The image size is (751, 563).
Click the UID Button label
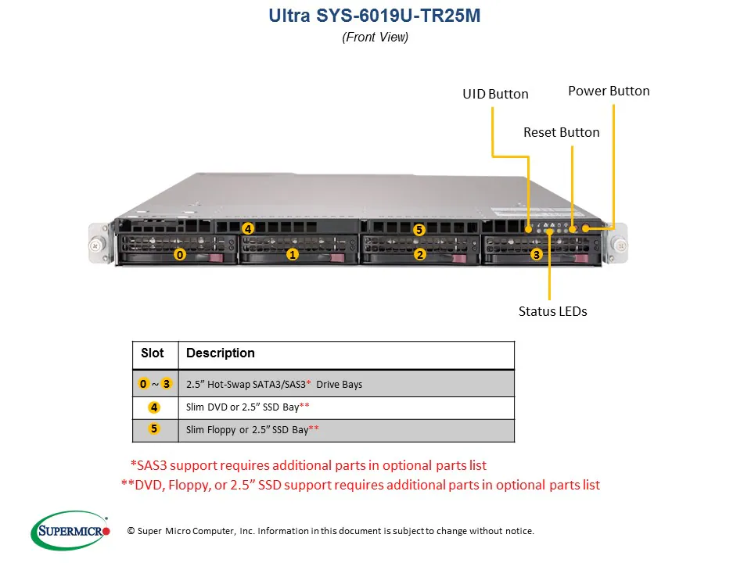(x=495, y=94)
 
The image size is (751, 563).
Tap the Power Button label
(x=609, y=91)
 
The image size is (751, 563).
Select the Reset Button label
(x=561, y=132)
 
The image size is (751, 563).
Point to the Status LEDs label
(x=552, y=311)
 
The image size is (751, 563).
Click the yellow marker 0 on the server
(x=180, y=254)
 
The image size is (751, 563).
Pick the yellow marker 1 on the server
(x=292, y=254)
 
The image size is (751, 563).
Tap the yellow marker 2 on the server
(x=419, y=254)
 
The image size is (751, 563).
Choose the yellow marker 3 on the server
(x=536, y=254)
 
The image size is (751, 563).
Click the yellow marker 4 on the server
(x=247, y=229)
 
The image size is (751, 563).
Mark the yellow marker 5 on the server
(x=419, y=230)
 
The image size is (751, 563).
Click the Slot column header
(x=153, y=353)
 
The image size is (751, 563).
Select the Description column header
(x=221, y=353)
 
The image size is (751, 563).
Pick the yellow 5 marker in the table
(x=154, y=429)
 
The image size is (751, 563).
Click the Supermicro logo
(x=70, y=531)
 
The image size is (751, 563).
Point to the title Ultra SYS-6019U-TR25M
(x=375, y=16)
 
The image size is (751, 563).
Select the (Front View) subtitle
(x=375, y=37)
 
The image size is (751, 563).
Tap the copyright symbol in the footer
(x=131, y=532)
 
